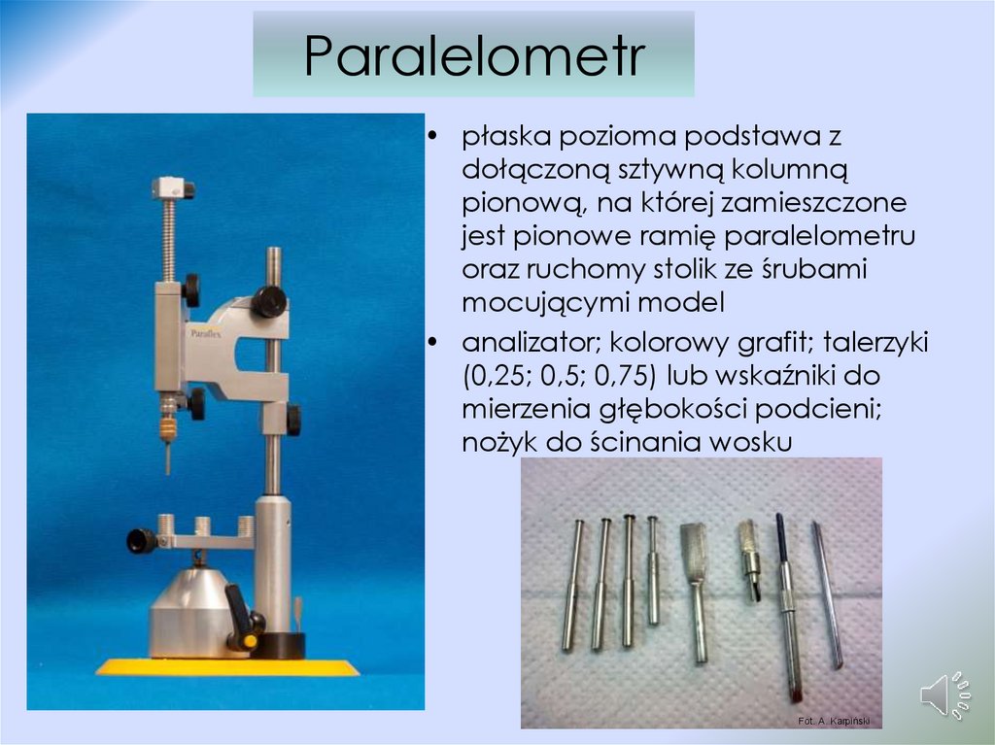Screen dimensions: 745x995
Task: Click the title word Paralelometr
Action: coord(474,56)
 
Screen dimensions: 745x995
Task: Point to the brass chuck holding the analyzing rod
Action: coord(168,424)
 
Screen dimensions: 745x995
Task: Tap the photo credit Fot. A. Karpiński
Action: coord(833,720)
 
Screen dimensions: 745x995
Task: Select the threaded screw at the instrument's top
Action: coord(168,237)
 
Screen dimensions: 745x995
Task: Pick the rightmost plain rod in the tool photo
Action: coord(827,594)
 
